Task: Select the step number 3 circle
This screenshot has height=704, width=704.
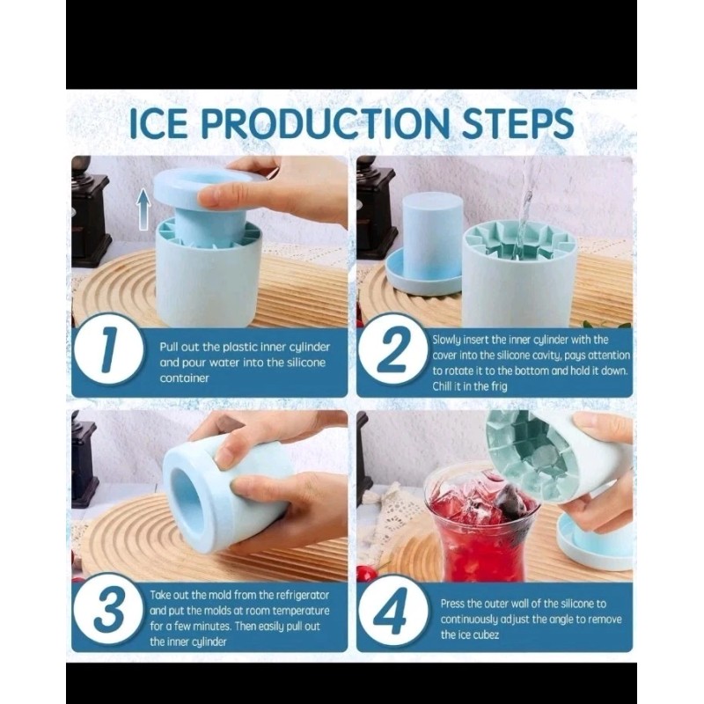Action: [x=107, y=612]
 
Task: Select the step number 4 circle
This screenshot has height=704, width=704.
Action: [x=393, y=612]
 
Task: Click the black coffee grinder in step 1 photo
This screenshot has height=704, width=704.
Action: [x=91, y=211]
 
